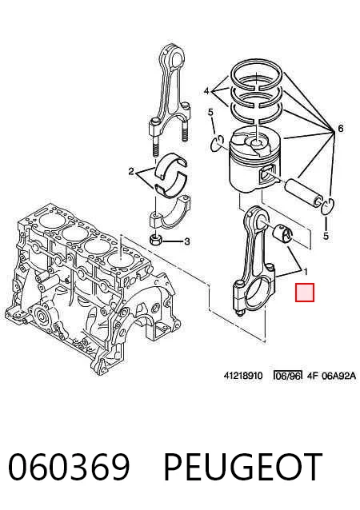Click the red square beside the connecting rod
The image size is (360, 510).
305,292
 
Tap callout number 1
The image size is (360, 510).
306,271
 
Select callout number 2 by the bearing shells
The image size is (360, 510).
131,171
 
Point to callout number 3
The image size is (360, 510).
187,241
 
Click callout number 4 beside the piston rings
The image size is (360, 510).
206,91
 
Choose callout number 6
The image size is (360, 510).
341,129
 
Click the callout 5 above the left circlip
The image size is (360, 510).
210,113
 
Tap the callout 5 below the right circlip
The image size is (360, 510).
326,236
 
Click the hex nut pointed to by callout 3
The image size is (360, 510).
154,240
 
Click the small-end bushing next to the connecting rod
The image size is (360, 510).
282,233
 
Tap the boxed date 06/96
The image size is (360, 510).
287,376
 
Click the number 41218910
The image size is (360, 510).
243,376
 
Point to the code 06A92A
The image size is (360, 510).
339,376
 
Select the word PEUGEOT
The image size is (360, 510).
243,466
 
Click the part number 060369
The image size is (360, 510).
69,466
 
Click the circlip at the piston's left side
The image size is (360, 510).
217,143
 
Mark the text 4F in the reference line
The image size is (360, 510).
312,376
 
